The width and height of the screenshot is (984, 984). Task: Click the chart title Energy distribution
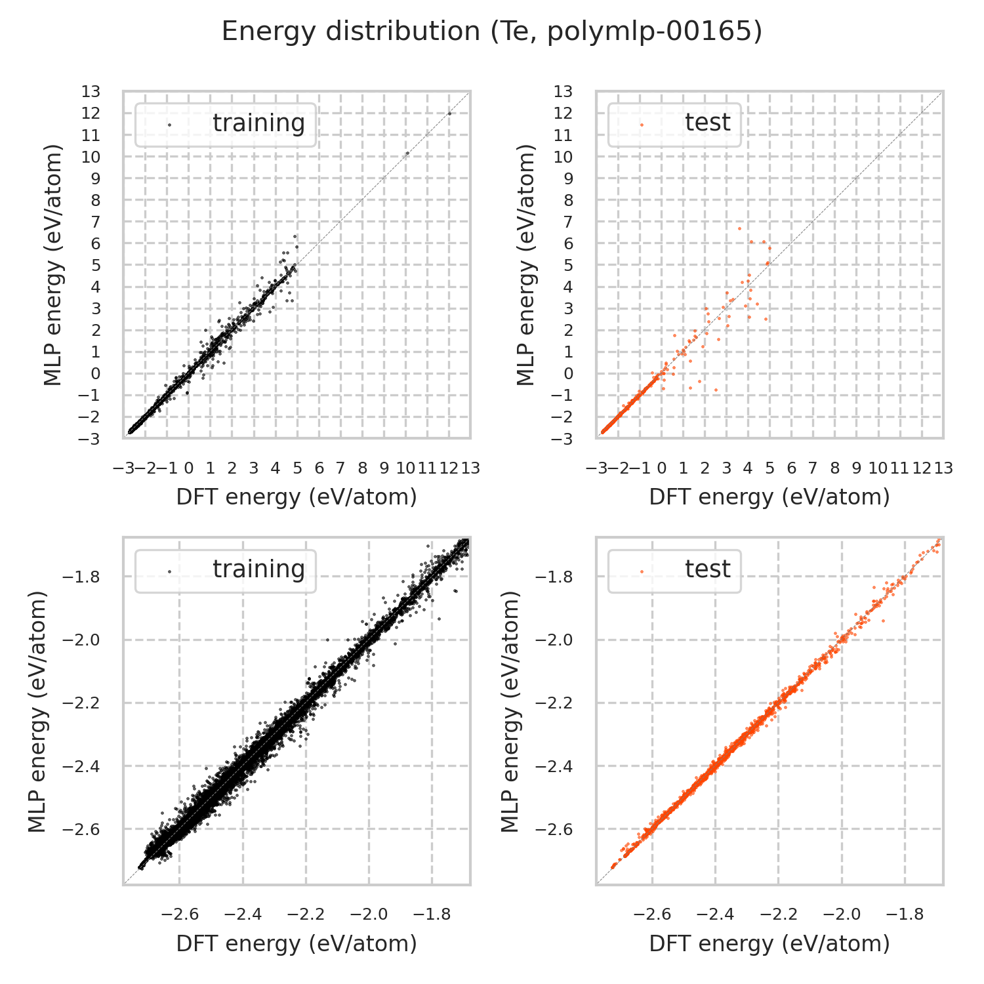pos(491,31)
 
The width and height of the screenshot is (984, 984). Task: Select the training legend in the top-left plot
pos(226,124)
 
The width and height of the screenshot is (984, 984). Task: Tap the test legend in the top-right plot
pos(675,123)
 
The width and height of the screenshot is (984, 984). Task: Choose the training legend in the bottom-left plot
pos(226,570)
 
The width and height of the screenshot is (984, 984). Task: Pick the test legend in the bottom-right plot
pos(675,570)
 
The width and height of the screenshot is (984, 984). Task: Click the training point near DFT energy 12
pos(449,113)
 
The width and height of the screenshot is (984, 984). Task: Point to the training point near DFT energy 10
pos(407,154)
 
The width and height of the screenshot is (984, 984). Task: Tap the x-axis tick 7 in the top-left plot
pos(340,468)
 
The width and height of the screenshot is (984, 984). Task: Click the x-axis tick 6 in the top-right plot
pos(791,468)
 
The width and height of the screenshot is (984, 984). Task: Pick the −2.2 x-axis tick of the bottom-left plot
pos(306,914)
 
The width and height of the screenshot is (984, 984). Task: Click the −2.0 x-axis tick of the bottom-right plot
pos(842,914)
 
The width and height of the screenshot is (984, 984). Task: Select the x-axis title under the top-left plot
pos(297,497)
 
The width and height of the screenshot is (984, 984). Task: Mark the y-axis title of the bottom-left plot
pos(38,711)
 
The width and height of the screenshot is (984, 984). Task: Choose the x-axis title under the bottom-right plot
pos(769,943)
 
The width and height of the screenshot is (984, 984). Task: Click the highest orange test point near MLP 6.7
pos(739,228)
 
